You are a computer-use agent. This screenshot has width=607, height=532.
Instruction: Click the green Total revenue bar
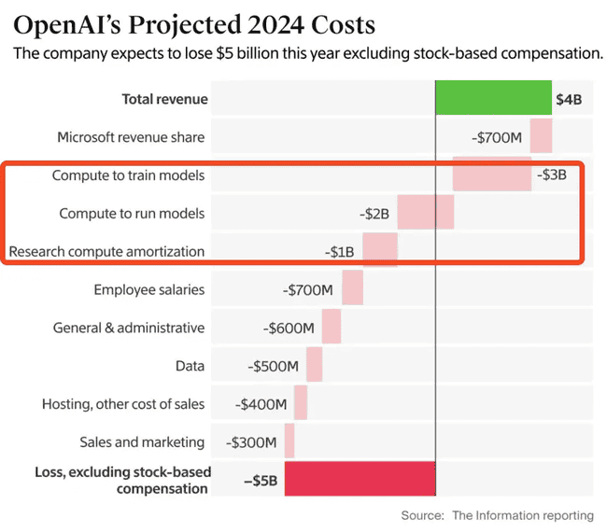pyautogui.click(x=494, y=99)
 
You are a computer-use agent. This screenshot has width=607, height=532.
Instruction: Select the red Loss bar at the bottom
pyautogui.click(x=360, y=480)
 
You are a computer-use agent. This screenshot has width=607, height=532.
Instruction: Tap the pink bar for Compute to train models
pyautogui.click(x=492, y=175)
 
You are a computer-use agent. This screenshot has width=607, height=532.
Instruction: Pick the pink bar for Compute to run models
pyautogui.click(x=426, y=213)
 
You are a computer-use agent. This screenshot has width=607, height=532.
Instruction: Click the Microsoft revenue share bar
pyautogui.click(x=542, y=137)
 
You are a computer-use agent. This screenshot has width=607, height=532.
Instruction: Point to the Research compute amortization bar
pyautogui.click(x=380, y=251)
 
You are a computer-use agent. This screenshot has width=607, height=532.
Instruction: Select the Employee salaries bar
pyautogui.click(x=352, y=289)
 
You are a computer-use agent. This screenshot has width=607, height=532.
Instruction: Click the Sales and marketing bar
pyautogui.click(x=289, y=441)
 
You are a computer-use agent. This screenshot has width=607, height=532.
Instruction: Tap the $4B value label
pyautogui.click(x=569, y=99)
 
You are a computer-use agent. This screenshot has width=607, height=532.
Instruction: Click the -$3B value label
pyautogui.click(x=552, y=175)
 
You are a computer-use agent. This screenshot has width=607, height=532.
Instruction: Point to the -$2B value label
pyautogui.click(x=374, y=214)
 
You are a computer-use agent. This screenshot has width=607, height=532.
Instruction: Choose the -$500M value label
pyautogui.click(x=274, y=366)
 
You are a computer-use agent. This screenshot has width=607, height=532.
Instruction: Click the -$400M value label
pyautogui.click(x=261, y=404)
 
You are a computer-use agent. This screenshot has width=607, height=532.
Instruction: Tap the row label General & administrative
pyautogui.click(x=129, y=328)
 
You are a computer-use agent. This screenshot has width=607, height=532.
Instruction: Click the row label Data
pyautogui.click(x=190, y=366)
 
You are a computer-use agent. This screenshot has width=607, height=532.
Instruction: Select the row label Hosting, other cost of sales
pyautogui.click(x=123, y=404)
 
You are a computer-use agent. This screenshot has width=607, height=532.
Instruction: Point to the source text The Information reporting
pyautogui.click(x=523, y=515)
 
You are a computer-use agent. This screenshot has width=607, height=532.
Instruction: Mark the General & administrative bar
pyautogui.click(x=332, y=328)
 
